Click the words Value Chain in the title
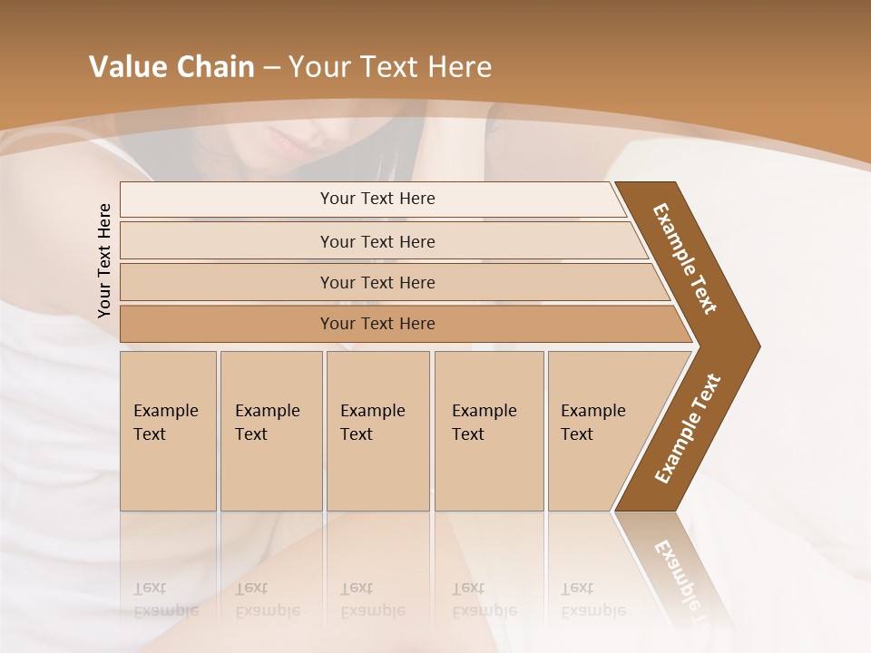point(171,67)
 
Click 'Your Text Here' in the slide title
point(390,67)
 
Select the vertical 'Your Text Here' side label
point(104,260)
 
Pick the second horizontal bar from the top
point(377,241)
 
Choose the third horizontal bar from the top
point(377,282)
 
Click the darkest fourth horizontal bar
point(377,324)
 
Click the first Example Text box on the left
point(168,430)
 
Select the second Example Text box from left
point(270,430)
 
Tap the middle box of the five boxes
point(377,430)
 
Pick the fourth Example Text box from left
point(488,430)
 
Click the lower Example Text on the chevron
point(688,429)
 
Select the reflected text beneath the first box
point(166,599)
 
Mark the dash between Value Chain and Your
point(271,68)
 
